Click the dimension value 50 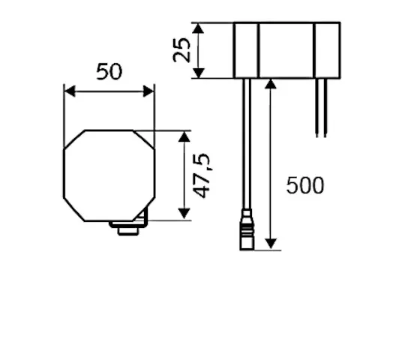click(109, 72)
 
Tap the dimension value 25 click(182, 50)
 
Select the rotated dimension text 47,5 click(202, 175)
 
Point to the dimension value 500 click(305, 185)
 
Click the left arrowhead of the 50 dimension click(68, 91)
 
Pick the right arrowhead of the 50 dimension click(150, 91)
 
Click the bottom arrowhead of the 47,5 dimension click(184, 215)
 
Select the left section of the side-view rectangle click(246, 49)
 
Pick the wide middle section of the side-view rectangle click(286, 49)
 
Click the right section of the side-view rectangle click(326, 49)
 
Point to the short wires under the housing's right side click(321, 106)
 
